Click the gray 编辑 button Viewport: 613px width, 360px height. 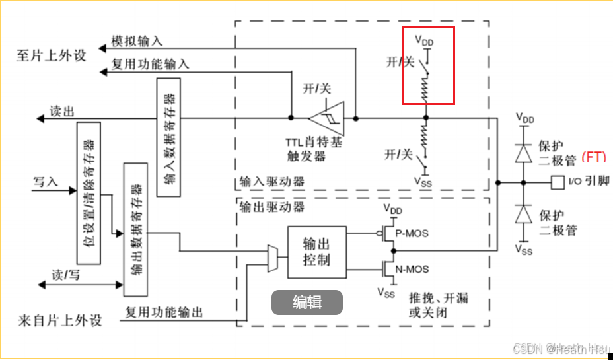307,303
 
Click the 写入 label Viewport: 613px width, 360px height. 46,181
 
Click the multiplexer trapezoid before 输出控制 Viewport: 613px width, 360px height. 272,258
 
